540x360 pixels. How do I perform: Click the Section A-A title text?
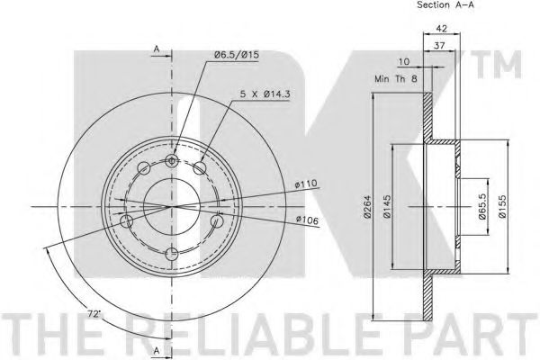click(x=445, y=4)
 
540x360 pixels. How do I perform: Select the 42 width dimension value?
click(x=442, y=28)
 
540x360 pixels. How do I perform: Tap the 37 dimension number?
click(x=439, y=45)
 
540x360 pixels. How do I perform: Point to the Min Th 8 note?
click(x=396, y=79)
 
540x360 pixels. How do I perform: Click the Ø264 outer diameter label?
click(x=367, y=206)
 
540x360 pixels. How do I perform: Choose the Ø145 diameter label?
click(x=387, y=206)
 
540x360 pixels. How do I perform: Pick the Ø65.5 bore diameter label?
click(x=482, y=206)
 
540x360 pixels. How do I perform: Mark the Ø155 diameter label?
click(x=502, y=206)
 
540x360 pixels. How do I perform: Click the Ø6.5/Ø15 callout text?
click(x=236, y=55)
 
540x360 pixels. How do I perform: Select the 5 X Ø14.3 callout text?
click(x=265, y=94)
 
